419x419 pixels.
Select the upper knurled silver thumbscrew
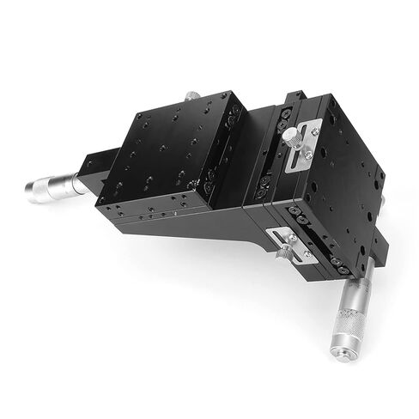pyautogui.click(x=294, y=134)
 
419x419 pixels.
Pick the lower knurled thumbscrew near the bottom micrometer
pyautogui.click(x=284, y=252)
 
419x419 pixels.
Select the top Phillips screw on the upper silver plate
pyautogui.click(x=315, y=131)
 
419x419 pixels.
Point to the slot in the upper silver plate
pyautogui.click(x=302, y=155)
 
